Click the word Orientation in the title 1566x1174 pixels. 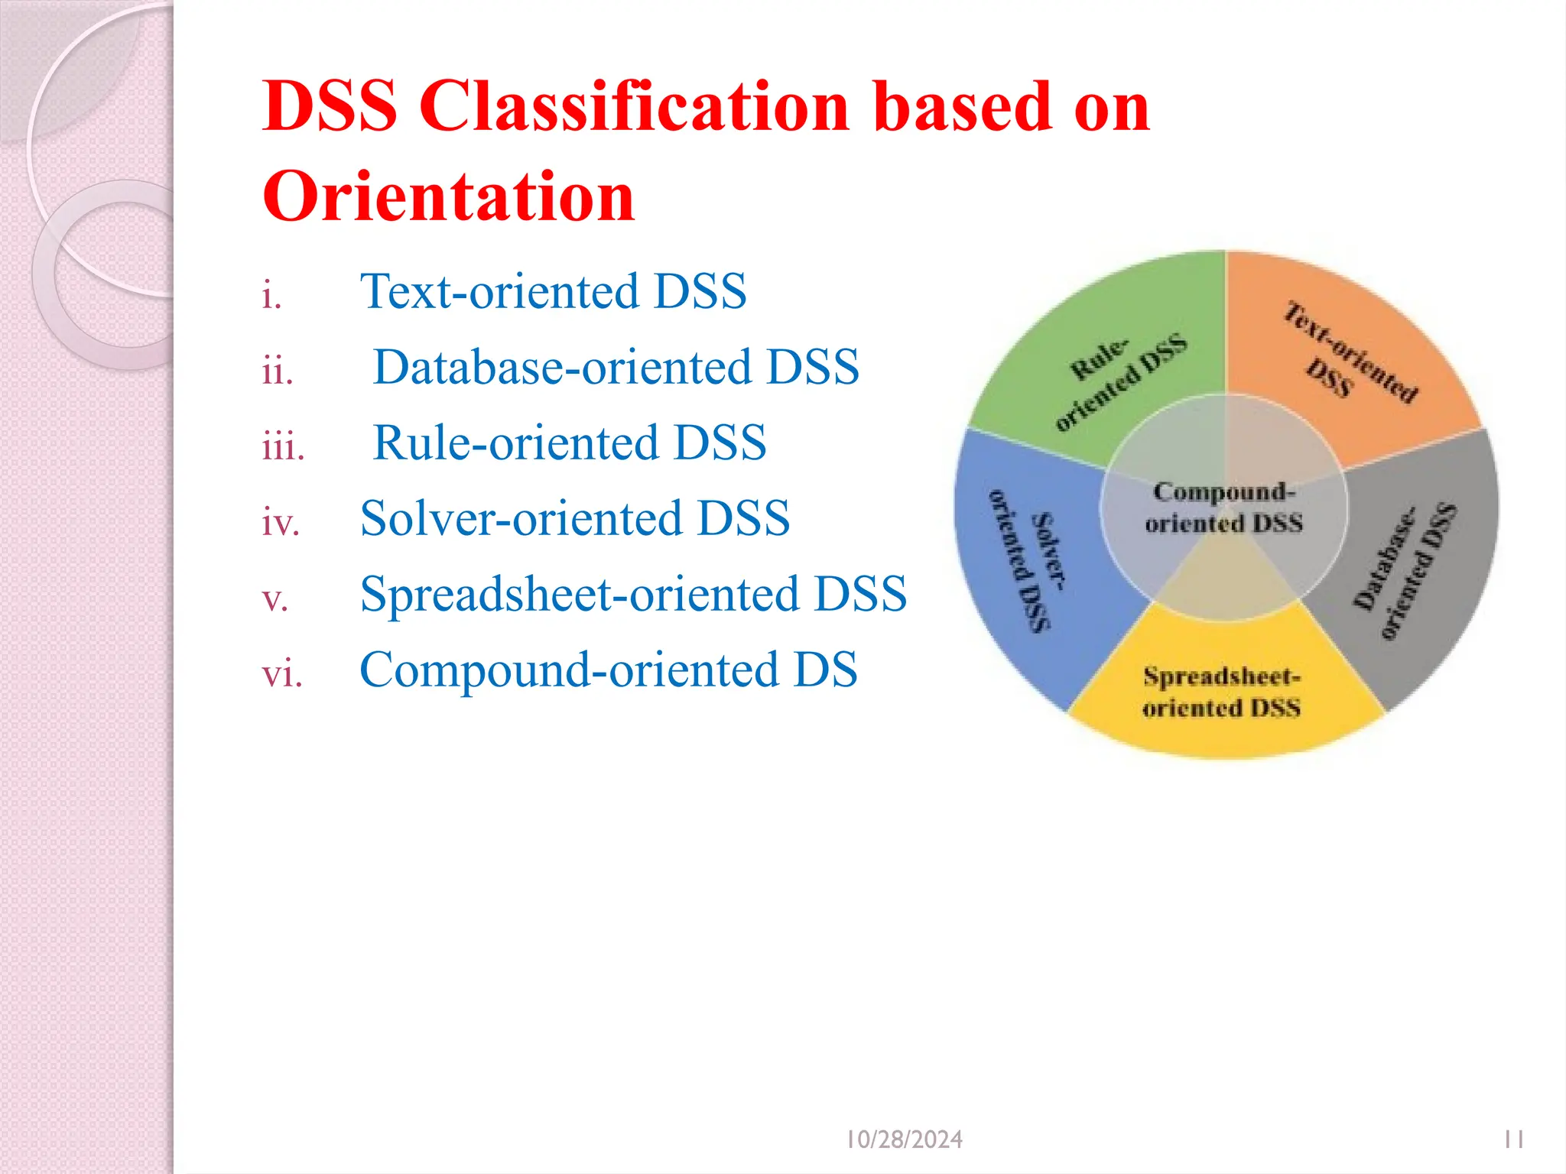click(x=449, y=197)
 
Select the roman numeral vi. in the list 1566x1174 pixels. click(x=282, y=673)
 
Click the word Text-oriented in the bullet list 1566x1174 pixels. click(x=499, y=291)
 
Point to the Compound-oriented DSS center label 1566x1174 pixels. click(x=1223, y=507)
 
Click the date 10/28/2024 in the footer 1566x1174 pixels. click(x=904, y=1140)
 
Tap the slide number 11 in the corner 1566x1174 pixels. click(x=1513, y=1140)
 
